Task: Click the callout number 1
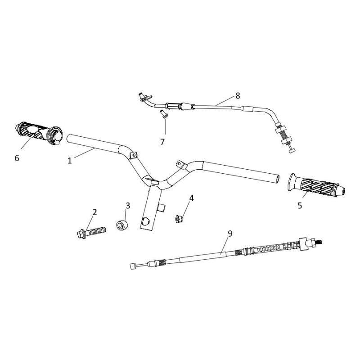pos(70,161)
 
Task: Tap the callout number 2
pos(94,212)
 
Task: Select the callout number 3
pos(128,206)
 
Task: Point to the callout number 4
pos(192,198)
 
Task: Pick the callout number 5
pos(300,206)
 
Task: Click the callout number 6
pos(17,158)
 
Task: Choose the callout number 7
pos(162,142)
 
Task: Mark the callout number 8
pos(238,96)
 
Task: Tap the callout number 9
pos(230,234)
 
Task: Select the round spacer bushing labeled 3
pos(122,225)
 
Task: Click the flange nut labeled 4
pos(179,219)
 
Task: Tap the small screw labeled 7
pos(164,114)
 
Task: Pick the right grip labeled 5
pos(316,185)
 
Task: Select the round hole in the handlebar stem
pos(145,221)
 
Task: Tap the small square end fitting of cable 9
pos(132,266)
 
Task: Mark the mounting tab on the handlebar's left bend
pos(133,155)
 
